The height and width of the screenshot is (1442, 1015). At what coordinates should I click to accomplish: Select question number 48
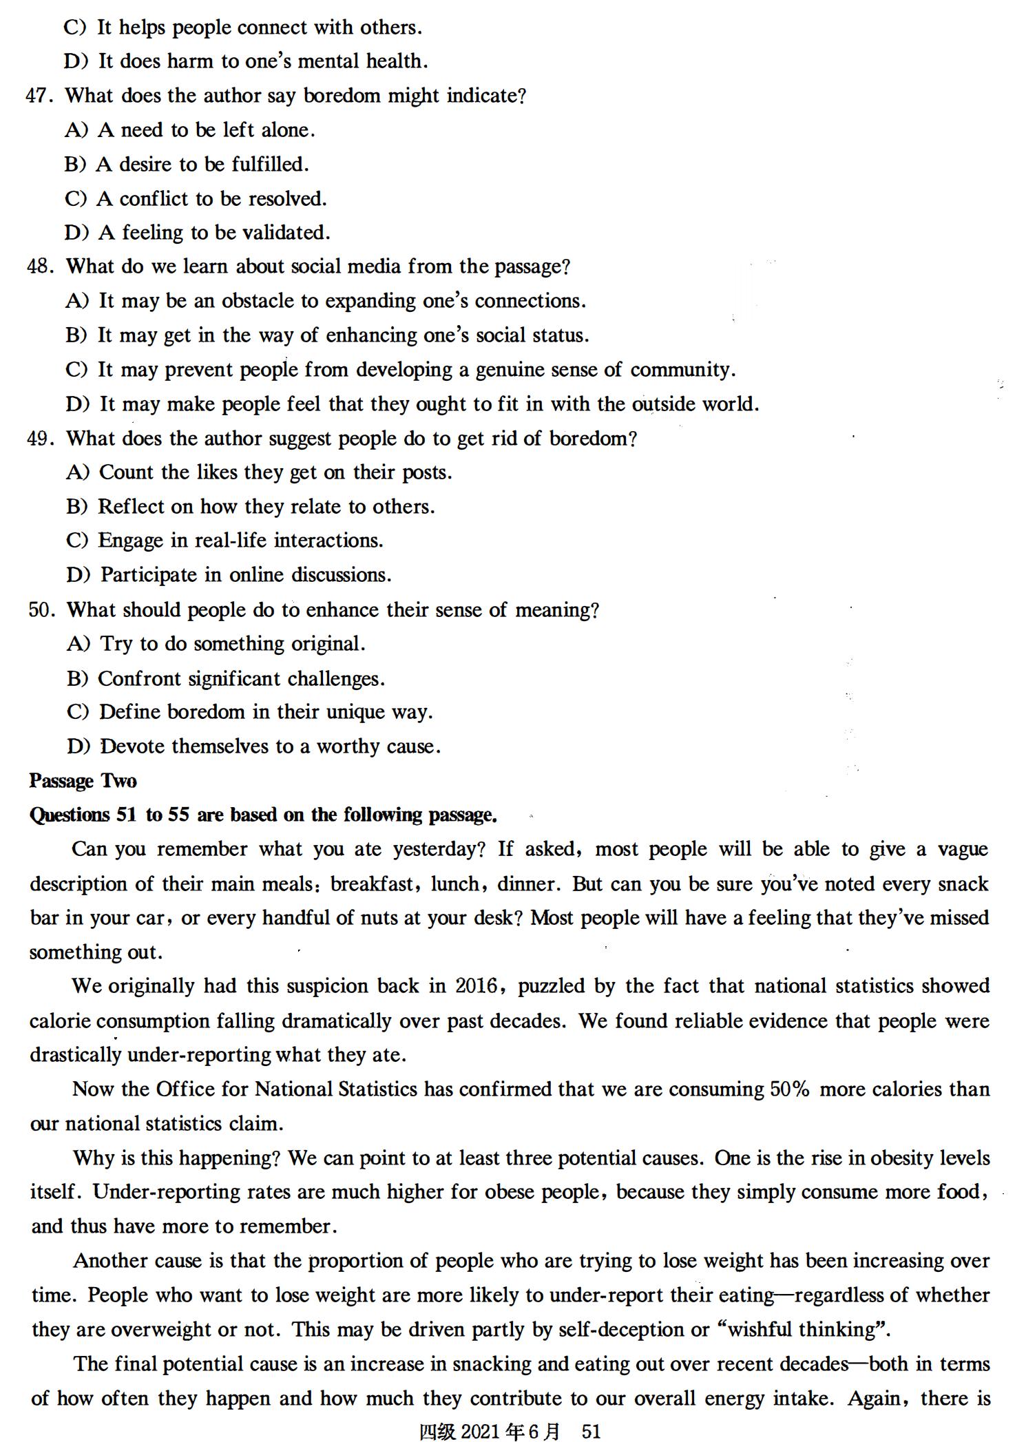39,267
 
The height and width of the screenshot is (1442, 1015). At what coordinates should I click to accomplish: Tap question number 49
39,439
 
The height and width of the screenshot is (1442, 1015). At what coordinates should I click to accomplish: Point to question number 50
41,610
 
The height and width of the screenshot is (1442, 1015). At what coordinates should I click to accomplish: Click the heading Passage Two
83,781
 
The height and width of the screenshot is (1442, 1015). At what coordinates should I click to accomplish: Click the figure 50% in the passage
788,1089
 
